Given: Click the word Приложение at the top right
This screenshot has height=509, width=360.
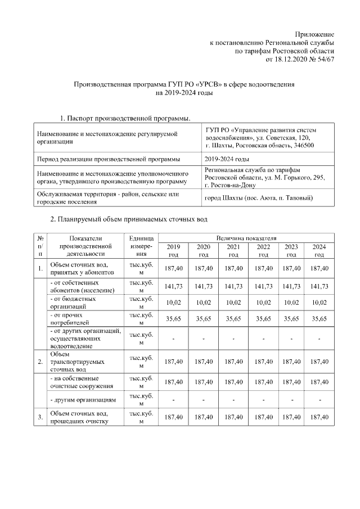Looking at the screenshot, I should [314, 35].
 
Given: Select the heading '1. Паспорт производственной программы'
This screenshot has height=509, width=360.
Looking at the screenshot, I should [124, 118].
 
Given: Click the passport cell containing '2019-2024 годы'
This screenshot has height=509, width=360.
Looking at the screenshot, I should [227, 159].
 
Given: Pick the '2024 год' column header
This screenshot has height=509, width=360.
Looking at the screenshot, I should [319, 251].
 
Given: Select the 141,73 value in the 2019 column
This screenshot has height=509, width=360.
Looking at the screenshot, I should [173, 286].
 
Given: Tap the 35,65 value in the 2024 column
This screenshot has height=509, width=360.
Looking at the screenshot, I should [319, 318].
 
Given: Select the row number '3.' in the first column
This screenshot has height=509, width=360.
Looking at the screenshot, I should [40, 417].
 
